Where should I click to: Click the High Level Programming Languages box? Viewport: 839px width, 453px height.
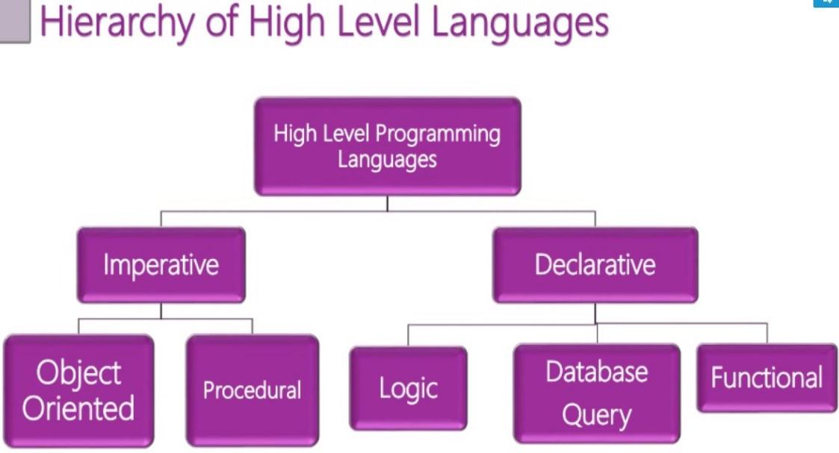(x=387, y=146)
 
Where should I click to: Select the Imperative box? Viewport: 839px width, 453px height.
(x=161, y=265)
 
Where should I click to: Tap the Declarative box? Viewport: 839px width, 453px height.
(x=595, y=265)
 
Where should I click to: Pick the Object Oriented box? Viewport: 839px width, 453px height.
(x=78, y=390)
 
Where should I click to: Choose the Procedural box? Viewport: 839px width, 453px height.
(x=252, y=390)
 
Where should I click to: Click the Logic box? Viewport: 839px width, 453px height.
(x=408, y=389)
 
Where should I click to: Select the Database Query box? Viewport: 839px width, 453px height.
(x=596, y=393)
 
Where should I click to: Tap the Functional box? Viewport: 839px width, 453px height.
(x=767, y=378)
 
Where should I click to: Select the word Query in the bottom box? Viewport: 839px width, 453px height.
(x=596, y=415)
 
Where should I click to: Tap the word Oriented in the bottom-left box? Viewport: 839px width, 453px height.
(x=78, y=408)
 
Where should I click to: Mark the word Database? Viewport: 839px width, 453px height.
(x=596, y=372)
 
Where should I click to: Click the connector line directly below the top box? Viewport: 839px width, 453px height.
(x=387, y=203)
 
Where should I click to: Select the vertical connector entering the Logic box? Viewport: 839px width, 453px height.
(x=408, y=335)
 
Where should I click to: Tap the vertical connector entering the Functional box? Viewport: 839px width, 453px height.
(x=767, y=333)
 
